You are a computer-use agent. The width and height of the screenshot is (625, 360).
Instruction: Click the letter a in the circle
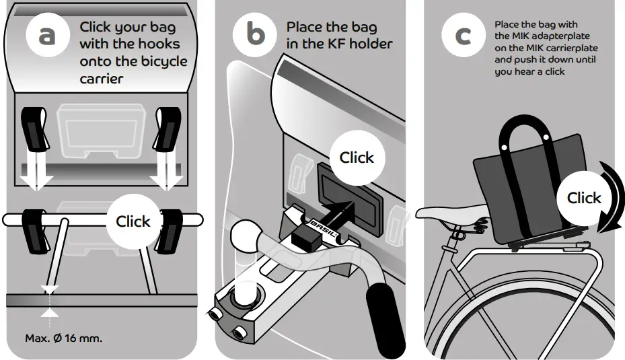pyautogui.click(x=46, y=36)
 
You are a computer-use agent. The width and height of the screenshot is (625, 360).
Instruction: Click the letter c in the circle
pyautogui.click(x=463, y=35)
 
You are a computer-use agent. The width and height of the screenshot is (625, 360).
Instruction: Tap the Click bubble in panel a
pyautogui.click(x=133, y=221)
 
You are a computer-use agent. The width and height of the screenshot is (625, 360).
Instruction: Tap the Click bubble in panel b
pyautogui.click(x=356, y=157)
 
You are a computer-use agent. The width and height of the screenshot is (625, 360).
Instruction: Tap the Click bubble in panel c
pyautogui.click(x=583, y=198)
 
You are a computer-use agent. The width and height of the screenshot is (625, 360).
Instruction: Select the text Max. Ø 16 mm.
pyautogui.click(x=64, y=338)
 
